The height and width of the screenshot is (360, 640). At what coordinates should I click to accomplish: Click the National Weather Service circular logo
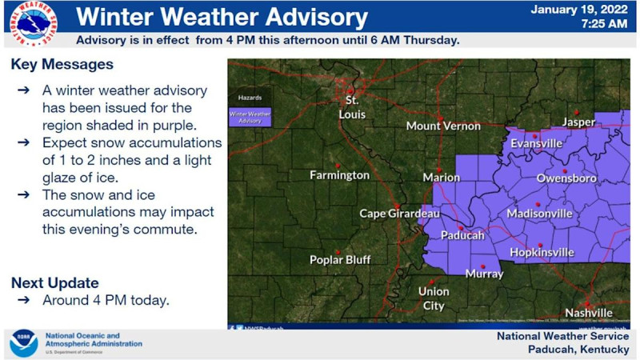tap(34, 23)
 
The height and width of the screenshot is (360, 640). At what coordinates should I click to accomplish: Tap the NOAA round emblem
tap(23, 342)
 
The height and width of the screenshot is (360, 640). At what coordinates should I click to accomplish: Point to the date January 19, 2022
tap(578, 10)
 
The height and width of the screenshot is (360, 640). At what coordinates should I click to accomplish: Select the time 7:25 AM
tap(605, 24)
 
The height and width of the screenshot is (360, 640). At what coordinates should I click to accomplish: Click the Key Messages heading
tap(62, 64)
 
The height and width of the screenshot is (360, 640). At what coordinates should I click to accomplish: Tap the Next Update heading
tap(55, 282)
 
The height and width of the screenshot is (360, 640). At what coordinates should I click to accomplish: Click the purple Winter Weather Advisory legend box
tap(250, 117)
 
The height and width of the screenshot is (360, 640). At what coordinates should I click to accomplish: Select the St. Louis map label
tap(354, 108)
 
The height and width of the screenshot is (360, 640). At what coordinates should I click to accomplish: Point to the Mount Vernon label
tap(443, 126)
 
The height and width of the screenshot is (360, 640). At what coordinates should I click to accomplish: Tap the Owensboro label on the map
tap(566, 178)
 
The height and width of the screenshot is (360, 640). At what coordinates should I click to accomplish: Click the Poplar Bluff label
tap(339, 259)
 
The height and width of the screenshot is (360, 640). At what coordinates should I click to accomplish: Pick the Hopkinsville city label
tap(542, 252)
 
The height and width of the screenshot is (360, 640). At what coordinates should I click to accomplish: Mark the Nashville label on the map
tap(588, 311)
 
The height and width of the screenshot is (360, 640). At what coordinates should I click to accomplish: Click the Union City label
tap(433, 298)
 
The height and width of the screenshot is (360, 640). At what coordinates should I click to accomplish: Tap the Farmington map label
tap(340, 174)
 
